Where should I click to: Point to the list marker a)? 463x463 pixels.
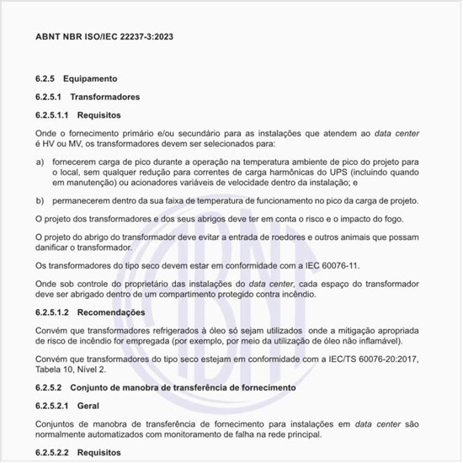(40, 160)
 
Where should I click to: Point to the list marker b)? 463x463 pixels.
(40, 200)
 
